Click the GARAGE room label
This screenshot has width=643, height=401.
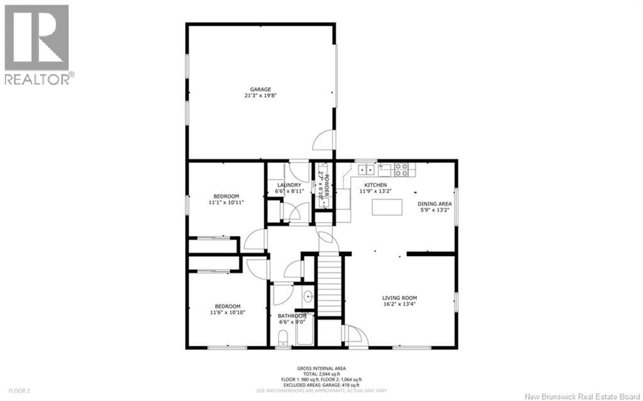(x=260, y=89)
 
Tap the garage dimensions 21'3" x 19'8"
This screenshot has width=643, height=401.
(x=260, y=95)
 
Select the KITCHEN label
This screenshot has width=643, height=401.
(x=375, y=185)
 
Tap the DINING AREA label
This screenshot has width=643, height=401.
(x=435, y=204)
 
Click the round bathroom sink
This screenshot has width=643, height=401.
(x=308, y=296)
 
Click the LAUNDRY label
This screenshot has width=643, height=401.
(x=289, y=185)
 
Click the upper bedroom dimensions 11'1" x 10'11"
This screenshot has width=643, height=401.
(x=226, y=202)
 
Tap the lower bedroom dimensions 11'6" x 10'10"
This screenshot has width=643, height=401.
(x=227, y=312)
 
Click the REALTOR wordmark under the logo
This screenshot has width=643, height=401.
(x=37, y=79)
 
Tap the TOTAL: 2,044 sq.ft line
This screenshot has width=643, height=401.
(x=321, y=374)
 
